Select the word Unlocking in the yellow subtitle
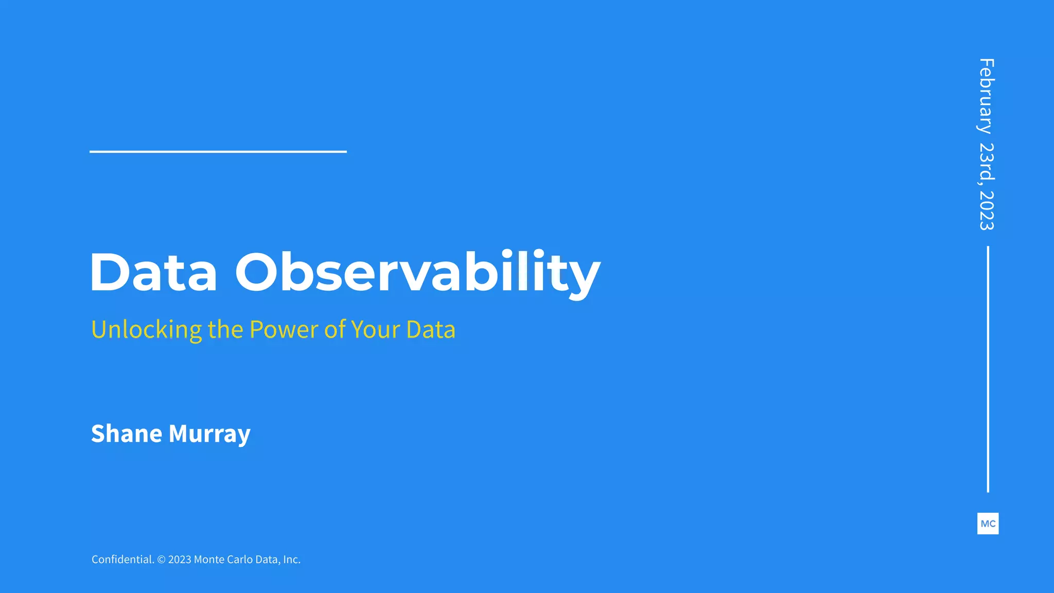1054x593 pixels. pyautogui.click(x=147, y=330)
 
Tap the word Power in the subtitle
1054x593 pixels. pyautogui.click(x=284, y=330)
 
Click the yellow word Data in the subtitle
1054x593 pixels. pyautogui.click(x=431, y=330)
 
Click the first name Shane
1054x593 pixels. pyautogui.click(x=127, y=434)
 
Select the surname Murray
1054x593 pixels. pyautogui.click(x=209, y=434)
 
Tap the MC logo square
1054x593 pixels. pyautogui.click(x=988, y=524)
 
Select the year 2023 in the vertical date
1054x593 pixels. pyautogui.click(x=987, y=210)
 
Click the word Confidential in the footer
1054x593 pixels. pyautogui.click(x=122, y=560)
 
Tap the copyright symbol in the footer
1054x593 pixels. pyautogui.click(x=161, y=560)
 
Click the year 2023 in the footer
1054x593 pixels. pyautogui.click(x=180, y=560)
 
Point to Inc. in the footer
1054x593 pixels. pyautogui.click(x=292, y=560)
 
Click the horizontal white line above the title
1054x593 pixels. pyautogui.click(x=218, y=151)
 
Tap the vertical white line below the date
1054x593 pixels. pyautogui.click(x=988, y=369)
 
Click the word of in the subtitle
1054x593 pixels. pyautogui.click(x=335, y=330)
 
